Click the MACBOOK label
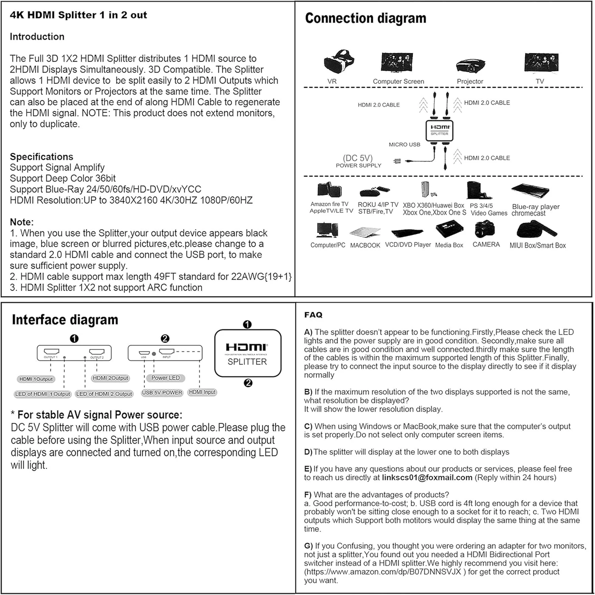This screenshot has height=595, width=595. [x=365, y=246]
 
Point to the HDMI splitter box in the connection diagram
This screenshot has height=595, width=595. [x=440, y=130]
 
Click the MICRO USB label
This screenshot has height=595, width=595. [x=404, y=144]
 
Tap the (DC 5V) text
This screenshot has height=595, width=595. [x=358, y=158]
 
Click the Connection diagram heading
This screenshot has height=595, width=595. [x=365, y=18]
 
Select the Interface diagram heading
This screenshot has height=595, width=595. [x=65, y=320]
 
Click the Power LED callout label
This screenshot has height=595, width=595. [x=165, y=378]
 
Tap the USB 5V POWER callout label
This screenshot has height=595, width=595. [x=162, y=393]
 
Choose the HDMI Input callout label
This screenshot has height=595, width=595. [x=202, y=392]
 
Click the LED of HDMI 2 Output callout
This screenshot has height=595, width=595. [x=104, y=394]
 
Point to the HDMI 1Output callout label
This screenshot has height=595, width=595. [x=36, y=379]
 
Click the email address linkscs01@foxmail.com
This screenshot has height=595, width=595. [x=427, y=478]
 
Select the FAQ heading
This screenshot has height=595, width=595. [x=313, y=315]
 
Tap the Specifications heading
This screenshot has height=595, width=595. [x=42, y=157]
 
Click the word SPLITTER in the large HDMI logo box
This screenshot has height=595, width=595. [x=247, y=362]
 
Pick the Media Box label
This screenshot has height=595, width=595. [x=449, y=246]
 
